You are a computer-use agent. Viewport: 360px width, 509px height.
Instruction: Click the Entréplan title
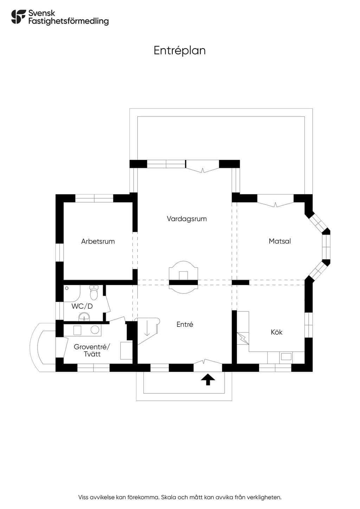[180, 51]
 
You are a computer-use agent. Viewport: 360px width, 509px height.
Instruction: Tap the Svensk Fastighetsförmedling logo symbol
[19, 17]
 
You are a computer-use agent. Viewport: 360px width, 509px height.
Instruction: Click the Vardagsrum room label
[187, 219]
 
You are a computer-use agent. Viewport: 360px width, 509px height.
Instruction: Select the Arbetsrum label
[98, 241]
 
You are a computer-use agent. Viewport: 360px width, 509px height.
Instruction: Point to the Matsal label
[279, 241]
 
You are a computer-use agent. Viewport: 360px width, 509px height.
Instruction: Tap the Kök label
[276, 332]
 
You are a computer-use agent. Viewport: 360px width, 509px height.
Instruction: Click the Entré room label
[185, 324]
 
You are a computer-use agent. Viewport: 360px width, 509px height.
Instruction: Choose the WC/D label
[82, 306]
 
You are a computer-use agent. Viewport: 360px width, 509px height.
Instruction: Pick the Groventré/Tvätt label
[92, 350]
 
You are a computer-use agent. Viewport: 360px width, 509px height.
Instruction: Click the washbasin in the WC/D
[84, 317]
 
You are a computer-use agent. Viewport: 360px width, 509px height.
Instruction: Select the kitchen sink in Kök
[286, 356]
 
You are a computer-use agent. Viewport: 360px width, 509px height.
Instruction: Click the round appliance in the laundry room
[95, 329]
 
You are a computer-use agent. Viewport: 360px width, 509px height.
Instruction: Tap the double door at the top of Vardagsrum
[203, 166]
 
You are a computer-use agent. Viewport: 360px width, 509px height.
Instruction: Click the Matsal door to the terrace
[276, 201]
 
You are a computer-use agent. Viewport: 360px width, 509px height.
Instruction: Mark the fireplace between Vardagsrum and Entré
[183, 277]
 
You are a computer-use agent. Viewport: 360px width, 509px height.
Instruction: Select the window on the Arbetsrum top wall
[94, 198]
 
